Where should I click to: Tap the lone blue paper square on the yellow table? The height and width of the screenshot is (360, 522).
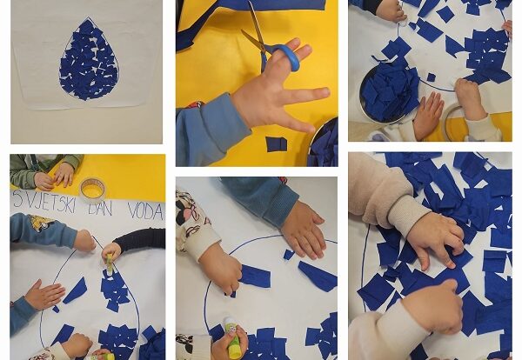[276, 143]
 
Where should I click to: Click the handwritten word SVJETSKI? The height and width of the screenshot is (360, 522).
[44, 205]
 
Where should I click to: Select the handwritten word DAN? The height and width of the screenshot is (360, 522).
[99, 208]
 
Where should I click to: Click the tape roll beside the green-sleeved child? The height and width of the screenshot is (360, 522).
[93, 189]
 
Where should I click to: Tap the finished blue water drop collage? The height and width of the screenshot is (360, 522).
[89, 59]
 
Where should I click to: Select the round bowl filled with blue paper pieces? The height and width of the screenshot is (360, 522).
[389, 90]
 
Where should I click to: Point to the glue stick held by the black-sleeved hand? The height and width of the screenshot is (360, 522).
[110, 264]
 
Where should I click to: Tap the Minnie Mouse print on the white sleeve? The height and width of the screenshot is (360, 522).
[187, 213]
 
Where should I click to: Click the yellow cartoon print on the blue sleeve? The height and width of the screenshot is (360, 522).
[41, 223]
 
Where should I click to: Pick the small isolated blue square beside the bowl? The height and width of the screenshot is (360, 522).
[432, 77]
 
